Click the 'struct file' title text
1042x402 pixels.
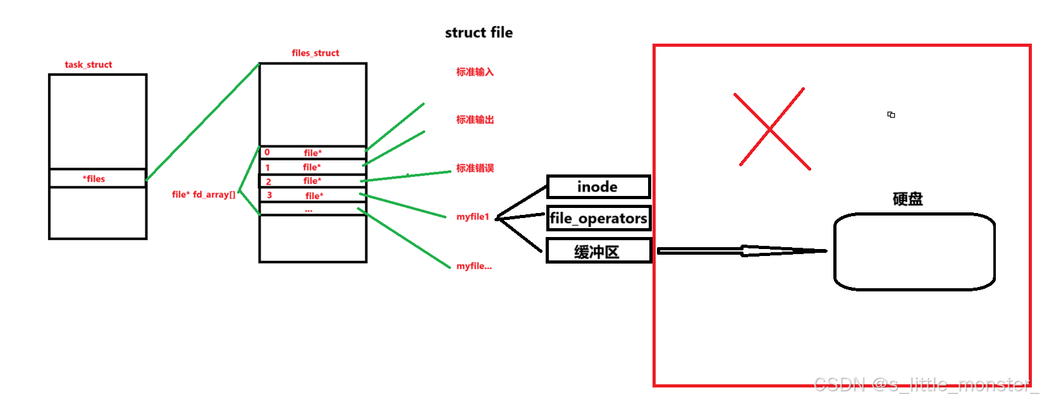[x=479, y=33]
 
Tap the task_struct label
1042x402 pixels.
[x=89, y=64]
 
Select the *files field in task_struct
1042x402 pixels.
[x=94, y=179]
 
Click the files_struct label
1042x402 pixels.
[x=316, y=53]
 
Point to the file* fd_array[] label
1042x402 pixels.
[x=204, y=195]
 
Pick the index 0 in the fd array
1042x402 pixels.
[x=267, y=152]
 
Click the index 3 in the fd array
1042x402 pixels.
[x=269, y=195]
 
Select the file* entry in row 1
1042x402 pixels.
[x=312, y=167]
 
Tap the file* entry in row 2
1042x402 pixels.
[x=312, y=181]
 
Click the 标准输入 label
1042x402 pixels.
[x=475, y=72]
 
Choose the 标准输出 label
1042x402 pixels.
[x=475, y=119]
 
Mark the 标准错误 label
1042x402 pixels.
[x=475, y=168]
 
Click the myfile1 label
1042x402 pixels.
[x=473, y=217]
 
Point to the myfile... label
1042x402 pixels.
[x=474, y=266]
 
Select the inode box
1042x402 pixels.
[x=598, y=187]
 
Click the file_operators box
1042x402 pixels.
[x=598, y=219]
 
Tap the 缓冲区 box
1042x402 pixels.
[x=598, y=252]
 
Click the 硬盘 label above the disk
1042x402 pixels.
[x=907, y=199]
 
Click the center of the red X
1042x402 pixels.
[x=771, y=129]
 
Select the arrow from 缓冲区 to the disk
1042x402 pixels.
[x=743, y=251]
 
